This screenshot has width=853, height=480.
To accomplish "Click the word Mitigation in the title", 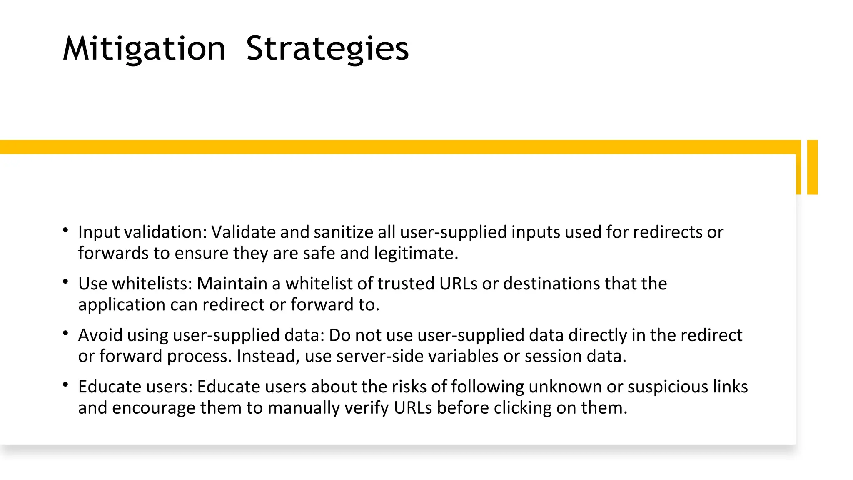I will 144,49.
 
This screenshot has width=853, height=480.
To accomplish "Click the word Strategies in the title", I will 327,49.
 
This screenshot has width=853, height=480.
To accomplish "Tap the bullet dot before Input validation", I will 65,230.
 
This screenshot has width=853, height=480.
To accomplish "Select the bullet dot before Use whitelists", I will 65,282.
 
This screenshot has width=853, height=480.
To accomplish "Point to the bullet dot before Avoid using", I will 65,333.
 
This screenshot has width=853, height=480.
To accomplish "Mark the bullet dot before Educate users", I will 65,385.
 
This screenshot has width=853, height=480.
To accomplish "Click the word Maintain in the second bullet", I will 232,284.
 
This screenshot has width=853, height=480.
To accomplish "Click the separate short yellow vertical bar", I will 812,167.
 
